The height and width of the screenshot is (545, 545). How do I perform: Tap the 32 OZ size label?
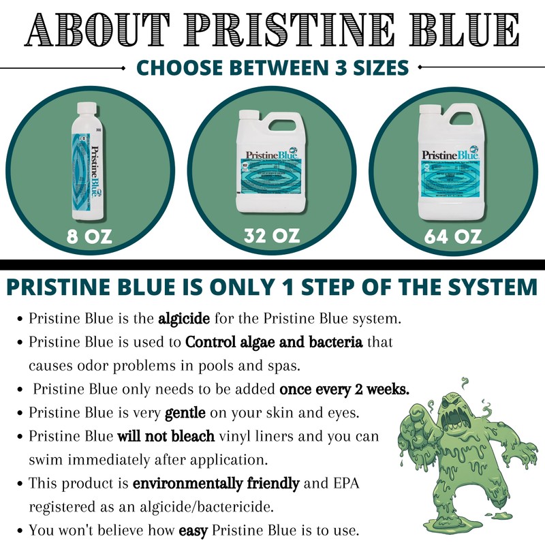point(272,236)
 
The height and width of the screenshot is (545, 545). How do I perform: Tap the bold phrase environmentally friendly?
point(216,484)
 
